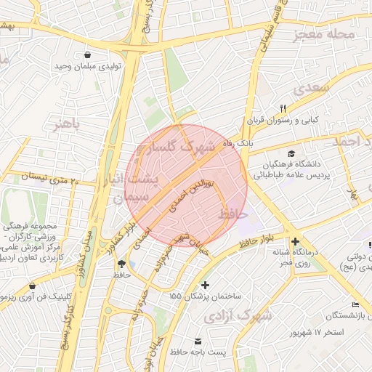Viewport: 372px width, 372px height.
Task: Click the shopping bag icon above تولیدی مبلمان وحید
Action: coord(88,54)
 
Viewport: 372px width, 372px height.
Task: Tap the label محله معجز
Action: coord(324,35)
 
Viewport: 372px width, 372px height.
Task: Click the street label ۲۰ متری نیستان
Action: coord(52,175)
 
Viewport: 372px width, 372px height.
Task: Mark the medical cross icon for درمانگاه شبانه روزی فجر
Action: coord(294,241)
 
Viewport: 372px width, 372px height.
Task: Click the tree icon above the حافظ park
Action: coord(121,263)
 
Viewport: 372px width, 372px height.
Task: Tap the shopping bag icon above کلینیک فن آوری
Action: coord(31,286)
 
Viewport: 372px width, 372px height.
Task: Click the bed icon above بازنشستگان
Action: coord(355,304)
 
